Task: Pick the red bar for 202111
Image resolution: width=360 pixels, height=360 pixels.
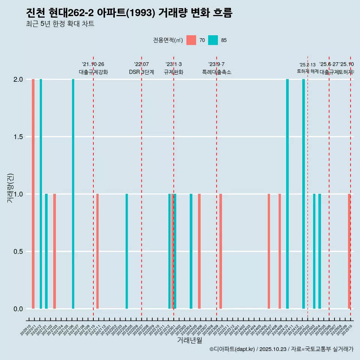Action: tap(97, 251)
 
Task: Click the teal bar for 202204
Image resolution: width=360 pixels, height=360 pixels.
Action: tap(127, 251)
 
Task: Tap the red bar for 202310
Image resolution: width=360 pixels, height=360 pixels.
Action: tap(221, 251)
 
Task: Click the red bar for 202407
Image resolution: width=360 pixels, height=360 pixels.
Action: tap(269, 251)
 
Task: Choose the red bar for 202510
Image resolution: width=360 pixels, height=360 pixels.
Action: tap(349, 251)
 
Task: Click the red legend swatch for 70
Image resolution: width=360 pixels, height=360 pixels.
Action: tap(191, 40)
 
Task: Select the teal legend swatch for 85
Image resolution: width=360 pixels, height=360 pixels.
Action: tap(213, 40)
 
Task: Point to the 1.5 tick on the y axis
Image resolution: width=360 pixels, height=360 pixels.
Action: tap(18, 137)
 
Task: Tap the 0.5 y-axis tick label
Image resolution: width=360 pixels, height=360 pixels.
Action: tap(18, 252)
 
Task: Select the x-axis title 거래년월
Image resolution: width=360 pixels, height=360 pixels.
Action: tap(189, 340)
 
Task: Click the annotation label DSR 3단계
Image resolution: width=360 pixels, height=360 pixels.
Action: tap(142, 72)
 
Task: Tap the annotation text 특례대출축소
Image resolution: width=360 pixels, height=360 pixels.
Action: tap(217, 72)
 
